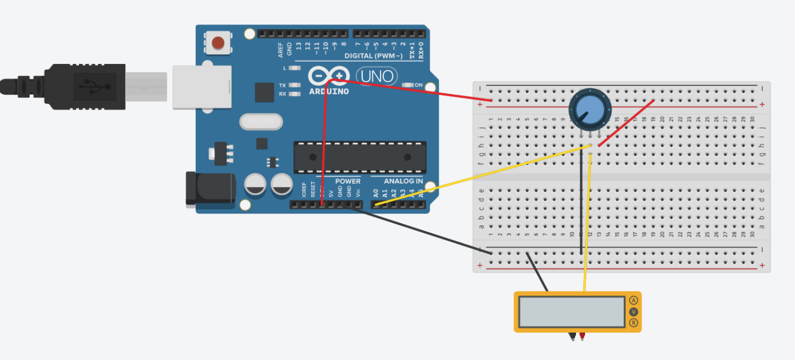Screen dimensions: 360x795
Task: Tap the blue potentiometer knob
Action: click(x=590, y=109)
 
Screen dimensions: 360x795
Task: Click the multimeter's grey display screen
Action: click(x=572, y=312)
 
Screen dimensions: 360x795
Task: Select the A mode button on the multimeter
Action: click(x=634, y=300)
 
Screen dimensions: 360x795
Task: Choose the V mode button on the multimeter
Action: click(x=634, y=312)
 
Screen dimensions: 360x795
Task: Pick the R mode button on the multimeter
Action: click(x=634, y=323)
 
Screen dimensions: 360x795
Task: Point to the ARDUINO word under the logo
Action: click(x=329, y=92)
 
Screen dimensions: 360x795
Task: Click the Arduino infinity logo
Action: click(x=328, y=77)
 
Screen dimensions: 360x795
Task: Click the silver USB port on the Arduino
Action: click(x=202, y=87)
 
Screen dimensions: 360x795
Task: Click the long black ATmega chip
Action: click(x=360, y=157)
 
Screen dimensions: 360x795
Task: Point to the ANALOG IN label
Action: click(x=403, y=181)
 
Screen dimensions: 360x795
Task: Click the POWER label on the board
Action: click(x=347, y=181)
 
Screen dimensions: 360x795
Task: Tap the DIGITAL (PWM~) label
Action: click(x=374, y=56)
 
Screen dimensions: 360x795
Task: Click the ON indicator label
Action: click(x=419, y=85)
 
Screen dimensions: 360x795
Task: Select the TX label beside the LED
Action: click(x=282, y=85)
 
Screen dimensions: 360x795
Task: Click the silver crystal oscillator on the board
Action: click(x=261, y=122)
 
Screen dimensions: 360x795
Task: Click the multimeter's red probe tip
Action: click(x=582, y=337)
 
